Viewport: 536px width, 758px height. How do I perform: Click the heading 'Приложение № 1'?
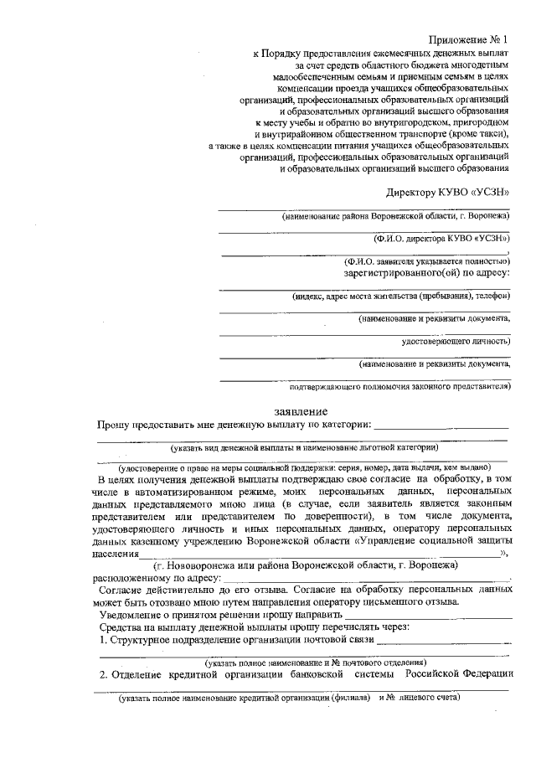[x=468, y=39]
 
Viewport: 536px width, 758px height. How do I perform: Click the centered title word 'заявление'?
[x=301, y=411]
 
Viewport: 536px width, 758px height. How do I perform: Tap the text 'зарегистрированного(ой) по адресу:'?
[x=426, y=273]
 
